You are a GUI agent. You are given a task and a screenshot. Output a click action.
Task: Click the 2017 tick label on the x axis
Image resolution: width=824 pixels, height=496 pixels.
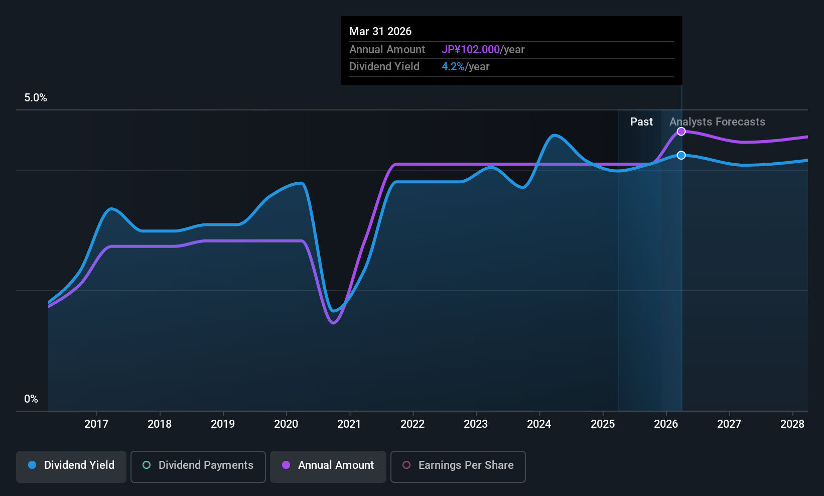click(96, 424)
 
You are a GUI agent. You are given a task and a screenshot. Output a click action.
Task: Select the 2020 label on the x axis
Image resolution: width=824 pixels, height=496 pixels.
click(286, 424)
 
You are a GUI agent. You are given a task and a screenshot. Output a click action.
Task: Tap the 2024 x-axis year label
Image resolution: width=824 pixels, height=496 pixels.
click(539, 424)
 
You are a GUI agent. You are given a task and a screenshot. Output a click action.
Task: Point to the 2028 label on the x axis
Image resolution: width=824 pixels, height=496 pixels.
click(792, 424)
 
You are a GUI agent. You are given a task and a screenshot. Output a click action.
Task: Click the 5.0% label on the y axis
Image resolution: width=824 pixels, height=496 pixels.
click(36, 98)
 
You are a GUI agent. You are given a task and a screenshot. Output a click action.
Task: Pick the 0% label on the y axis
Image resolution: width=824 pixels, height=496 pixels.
click(31, 399)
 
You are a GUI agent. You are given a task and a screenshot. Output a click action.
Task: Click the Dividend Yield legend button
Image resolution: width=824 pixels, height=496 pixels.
click(71, 465)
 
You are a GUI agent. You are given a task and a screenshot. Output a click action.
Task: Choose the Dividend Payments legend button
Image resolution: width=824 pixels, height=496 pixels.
click(198, 465)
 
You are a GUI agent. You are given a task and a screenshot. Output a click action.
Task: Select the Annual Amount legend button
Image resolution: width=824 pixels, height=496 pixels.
click(328, 465)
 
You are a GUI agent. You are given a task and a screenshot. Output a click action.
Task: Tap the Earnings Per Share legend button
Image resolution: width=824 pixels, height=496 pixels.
click(458, 465)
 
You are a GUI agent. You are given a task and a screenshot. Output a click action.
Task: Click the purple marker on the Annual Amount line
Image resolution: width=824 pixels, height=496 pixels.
click(681, 132)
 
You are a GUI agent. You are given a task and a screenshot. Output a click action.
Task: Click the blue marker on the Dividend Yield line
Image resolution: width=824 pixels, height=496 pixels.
click(681, 156)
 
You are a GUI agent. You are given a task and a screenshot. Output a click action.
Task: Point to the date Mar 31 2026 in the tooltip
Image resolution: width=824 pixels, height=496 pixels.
click(380, 32)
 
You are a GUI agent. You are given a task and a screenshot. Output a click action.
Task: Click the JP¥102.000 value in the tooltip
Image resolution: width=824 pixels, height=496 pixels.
click(471, 50)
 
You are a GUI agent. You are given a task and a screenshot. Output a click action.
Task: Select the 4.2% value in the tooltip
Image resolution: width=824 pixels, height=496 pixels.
click(453, 67)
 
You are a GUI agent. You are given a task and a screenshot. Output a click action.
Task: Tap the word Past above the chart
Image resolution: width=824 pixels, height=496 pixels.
click(641, 122)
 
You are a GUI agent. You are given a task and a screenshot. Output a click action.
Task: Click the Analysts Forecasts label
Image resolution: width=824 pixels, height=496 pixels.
click(717, 122)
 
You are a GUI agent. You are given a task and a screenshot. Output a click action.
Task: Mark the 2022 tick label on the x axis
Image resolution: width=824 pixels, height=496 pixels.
click(413, 424)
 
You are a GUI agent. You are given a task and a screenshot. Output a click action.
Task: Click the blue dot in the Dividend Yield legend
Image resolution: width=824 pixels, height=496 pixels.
click(32, 465)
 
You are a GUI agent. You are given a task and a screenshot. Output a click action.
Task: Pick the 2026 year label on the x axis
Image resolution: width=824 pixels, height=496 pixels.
click(666, 424)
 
